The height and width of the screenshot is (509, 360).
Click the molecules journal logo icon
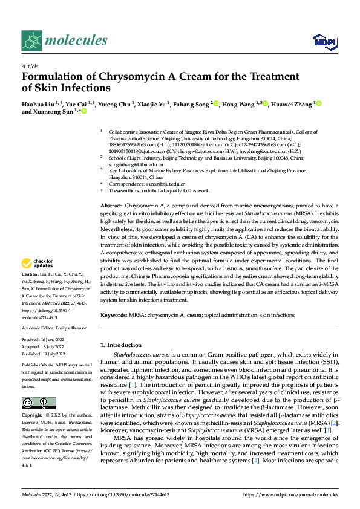pyautogui.click(x=31, y=41)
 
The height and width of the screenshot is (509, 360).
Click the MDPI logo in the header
pyautogui.click(x=323, y=41)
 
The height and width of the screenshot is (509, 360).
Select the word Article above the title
pyautogui.click(x=29, y=66)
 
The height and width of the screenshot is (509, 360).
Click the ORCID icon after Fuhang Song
pyautogui.click(x=216, y=104)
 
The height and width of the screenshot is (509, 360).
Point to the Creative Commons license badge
pyautogui.click(x=38, y=403)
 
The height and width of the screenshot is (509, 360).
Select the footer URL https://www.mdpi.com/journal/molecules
pyautogui.click(x=291, y=494)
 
